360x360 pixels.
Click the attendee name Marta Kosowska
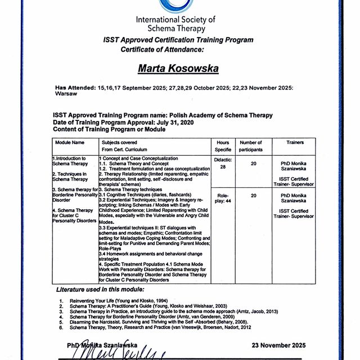pyautogui.click(x=179, y=68)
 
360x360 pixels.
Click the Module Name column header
pyautogui.click(x=70, y=143)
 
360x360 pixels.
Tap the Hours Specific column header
pyautogui.click(x=223, y=146)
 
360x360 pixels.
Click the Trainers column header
pyautogui.click(x=295, y=143)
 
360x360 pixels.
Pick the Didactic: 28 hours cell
pyautogui.click(x=223, y=163)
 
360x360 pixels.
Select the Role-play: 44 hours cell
pyautogui.click(x=223, y=199)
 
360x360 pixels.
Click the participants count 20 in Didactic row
pyautogui.click(x=254, y=163)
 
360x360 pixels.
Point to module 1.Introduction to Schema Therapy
pyautogui.click(x=70, y=161)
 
